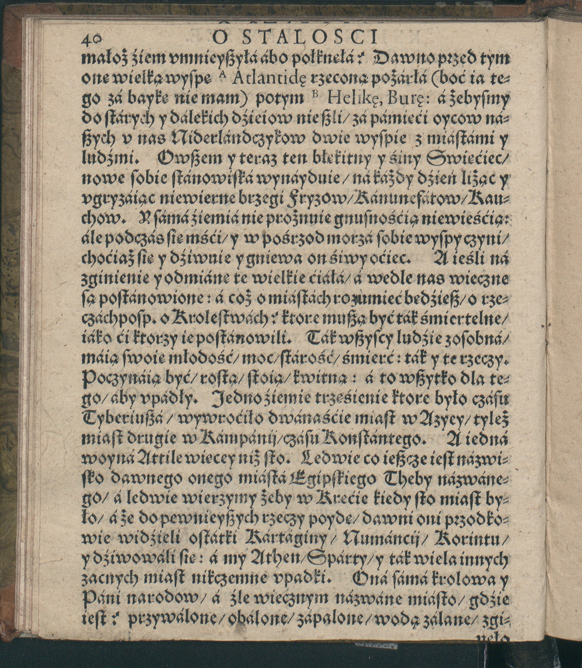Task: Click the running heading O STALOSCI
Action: click(x=294, y=37)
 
